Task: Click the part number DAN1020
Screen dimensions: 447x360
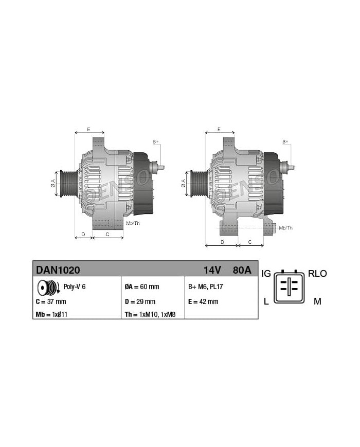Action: click(x=58, y=270)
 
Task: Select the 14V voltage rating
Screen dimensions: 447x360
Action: click(x=212, y=270)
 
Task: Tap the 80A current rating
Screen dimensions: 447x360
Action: click(x=242, y=270)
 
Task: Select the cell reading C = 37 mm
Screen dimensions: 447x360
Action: click(x=51, y=301)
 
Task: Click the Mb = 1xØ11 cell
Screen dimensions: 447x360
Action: click(x=52, y=314)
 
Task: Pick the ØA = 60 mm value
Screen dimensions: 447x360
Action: click(x=142, y=287)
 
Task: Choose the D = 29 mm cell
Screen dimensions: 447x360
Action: click(x=140, y=301)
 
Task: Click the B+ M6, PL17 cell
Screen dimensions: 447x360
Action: click(x=206, y=287)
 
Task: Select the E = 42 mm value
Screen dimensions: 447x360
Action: click(x=204, y=301)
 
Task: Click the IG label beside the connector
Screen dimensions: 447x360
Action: click(x=266, y=274)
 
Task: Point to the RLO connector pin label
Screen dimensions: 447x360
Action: click(x=317, y=274)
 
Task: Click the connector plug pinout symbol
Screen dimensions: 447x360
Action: click(x=291, y=287)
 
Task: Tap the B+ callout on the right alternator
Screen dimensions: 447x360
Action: click(x=285, y=141)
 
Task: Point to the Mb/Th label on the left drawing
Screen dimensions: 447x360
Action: click(x=133, y=223)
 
